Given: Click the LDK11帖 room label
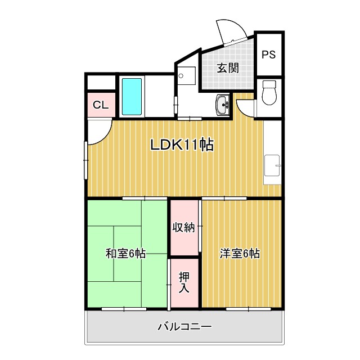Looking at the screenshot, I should (x=181, y=145).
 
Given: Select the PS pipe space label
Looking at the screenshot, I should (x=268, y=55).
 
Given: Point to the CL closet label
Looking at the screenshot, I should (x=101, y=105).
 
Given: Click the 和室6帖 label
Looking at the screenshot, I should (x=125, y=254).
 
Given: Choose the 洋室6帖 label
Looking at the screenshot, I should (x=240, y=254).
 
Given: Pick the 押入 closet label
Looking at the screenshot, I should (x=184, y=282).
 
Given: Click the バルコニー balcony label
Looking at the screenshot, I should (x=184, y=327).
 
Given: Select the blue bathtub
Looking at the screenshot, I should (x=132, y=96).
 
